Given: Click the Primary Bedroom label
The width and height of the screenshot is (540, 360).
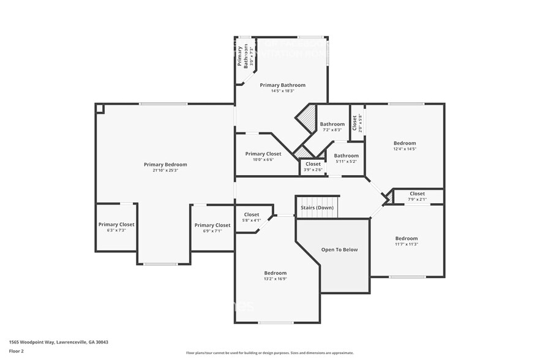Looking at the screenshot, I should (165, 164).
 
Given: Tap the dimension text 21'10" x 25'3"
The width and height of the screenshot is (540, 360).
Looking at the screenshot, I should (165, 171).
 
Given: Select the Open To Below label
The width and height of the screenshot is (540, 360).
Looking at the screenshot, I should (339, 250).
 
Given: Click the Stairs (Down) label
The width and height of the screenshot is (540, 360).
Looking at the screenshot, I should (317, 208).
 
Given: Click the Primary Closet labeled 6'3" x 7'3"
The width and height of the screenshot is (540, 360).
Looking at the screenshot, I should (116, 224).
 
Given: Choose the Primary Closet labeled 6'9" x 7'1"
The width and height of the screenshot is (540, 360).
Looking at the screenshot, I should (212, 225).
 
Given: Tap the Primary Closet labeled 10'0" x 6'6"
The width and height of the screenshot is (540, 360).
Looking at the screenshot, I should (263, 154).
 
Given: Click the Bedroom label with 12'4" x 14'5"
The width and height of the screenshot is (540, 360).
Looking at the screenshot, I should (405, 143).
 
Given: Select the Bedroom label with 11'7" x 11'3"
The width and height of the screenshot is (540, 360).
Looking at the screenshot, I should (406, 238).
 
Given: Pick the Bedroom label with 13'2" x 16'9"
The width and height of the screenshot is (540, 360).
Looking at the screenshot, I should (275, 273).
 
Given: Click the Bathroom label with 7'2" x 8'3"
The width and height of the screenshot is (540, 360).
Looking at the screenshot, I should (332, 124).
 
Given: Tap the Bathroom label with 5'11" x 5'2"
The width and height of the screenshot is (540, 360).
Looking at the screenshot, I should (346, 156).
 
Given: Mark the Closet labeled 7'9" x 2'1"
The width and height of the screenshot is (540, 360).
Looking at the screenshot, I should (417, 193).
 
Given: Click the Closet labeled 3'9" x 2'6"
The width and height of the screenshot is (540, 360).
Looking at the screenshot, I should (313, 164).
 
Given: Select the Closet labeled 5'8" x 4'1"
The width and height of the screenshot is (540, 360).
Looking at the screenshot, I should (251, 214).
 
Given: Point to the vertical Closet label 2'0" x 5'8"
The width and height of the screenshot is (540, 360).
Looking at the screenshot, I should (354, 122).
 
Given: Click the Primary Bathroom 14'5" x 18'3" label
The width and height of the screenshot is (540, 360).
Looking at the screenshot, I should (282, 85).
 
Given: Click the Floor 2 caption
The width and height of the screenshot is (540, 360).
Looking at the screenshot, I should (17, 351).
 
